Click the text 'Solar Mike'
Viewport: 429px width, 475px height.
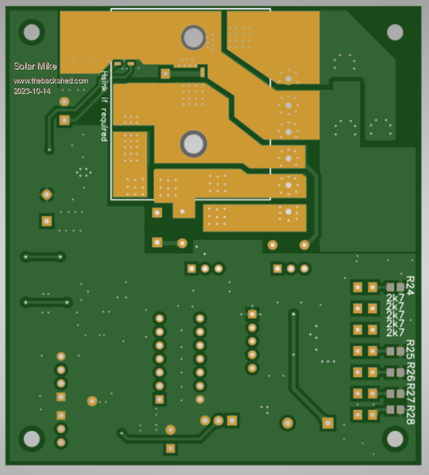tap(35, 67)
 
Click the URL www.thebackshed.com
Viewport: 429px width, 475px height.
tap(51, 81)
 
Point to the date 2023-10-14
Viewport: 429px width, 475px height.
tap(32, 91)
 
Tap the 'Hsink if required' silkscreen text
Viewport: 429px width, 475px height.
tap(105, 106)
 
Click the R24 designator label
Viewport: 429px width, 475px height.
tap(410, 285)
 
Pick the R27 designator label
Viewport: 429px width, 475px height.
tap(410, 392)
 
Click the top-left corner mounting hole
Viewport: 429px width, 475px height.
tap(31, 31)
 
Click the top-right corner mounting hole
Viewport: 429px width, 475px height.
tap(395, 32)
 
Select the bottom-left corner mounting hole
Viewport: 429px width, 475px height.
tap(31, 439)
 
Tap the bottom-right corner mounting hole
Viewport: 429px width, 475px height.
tap(395, 439)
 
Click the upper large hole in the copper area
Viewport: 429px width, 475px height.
tap(193, 37)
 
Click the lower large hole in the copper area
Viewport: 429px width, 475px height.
tap(193, 144)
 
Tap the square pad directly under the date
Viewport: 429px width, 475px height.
tap(65, 120)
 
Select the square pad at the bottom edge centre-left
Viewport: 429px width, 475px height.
tap(170, 449)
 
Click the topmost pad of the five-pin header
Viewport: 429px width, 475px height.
tap(252, 314)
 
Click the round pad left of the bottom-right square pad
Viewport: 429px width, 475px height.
tap(287, 423)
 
